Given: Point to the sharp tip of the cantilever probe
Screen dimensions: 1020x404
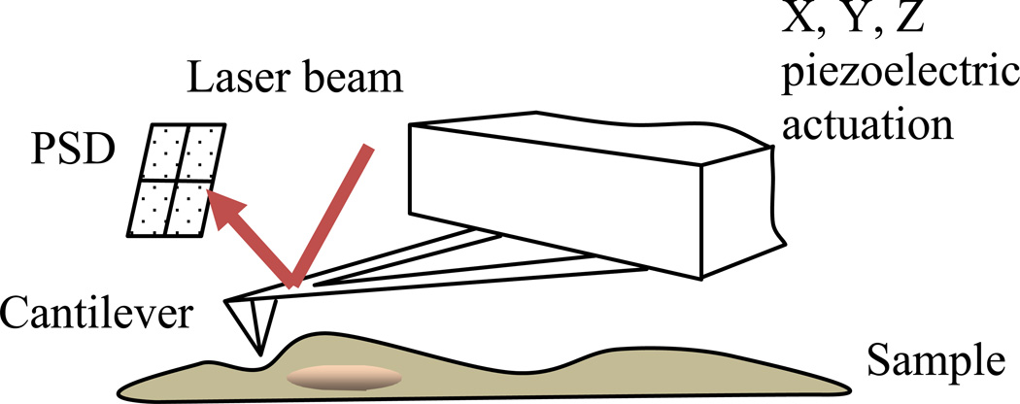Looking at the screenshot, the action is (x=259, y=353).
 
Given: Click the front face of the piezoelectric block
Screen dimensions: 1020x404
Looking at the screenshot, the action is (x=583, y=214).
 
